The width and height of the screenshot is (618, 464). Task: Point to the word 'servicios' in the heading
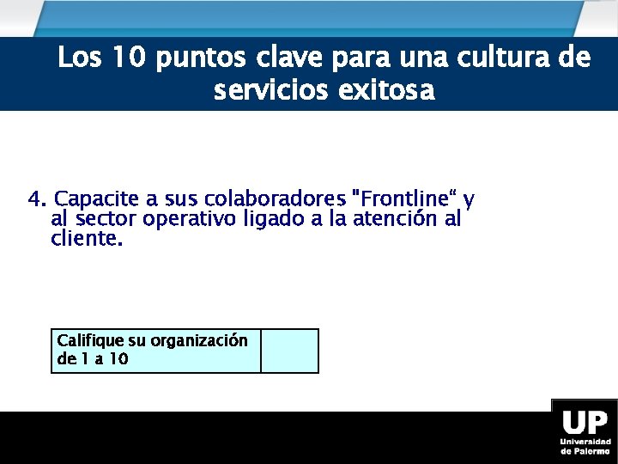pos(265,89)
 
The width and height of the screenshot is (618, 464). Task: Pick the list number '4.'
pos(38,200)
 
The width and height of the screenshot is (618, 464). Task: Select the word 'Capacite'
pos(89,200)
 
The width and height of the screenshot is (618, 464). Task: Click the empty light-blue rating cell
pos(289,351)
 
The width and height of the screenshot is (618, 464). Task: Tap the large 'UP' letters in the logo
pos(585,423)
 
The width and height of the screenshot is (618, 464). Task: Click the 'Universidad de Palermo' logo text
pos(585,445)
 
